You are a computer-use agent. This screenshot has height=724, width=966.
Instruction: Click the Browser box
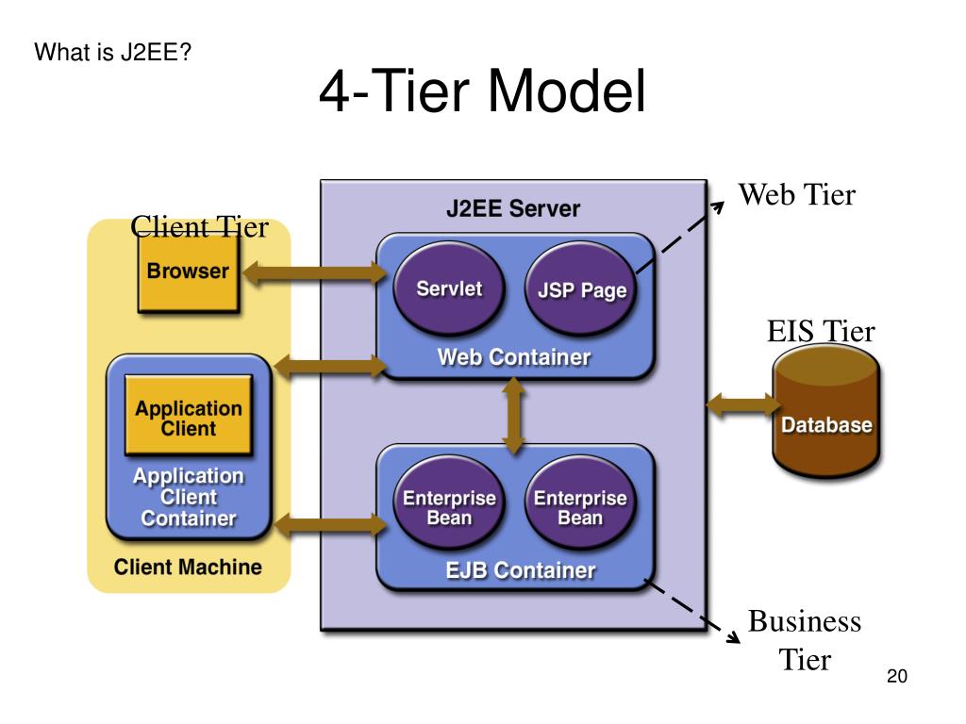(x=188, y=273)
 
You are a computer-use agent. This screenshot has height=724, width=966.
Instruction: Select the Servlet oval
(x=448, y=288)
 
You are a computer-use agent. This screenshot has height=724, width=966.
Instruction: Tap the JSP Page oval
(x=581, y=289)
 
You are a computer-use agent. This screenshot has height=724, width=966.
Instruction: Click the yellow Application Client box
(x=189, y=416)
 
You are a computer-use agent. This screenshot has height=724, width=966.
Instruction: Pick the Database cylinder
(x=826, y=411)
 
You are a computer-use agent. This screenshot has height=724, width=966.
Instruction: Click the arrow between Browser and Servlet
(x=315, y=272)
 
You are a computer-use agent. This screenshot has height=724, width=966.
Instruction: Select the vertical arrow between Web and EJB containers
(x=514, y=416)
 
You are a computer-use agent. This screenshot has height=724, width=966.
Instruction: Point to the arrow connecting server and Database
(x=743, y=404)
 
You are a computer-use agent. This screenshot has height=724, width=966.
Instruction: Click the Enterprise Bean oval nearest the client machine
(x=449, y=502)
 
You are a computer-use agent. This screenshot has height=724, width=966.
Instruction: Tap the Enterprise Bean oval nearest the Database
(x=580, y=502)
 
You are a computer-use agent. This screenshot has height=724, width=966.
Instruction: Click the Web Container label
(x=514, y=357)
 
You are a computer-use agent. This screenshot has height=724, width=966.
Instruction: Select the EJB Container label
(x=521, y=570)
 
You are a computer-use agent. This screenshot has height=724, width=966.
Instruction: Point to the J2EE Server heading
(x=513, y=208)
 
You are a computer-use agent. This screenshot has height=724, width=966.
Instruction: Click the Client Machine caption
(x=188, y=567)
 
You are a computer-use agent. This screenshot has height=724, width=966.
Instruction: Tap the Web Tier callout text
(x=797, y=194)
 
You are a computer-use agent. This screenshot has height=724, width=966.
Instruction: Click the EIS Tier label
(x=821, y=331)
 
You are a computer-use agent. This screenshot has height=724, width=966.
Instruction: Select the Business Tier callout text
(x=805, y=640)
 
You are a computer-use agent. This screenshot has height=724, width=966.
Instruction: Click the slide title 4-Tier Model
(x=482, y=90)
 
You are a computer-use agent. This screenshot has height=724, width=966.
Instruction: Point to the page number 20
(x=897, y=676)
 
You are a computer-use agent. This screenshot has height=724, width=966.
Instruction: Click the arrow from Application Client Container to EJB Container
(x=331, y=525)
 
